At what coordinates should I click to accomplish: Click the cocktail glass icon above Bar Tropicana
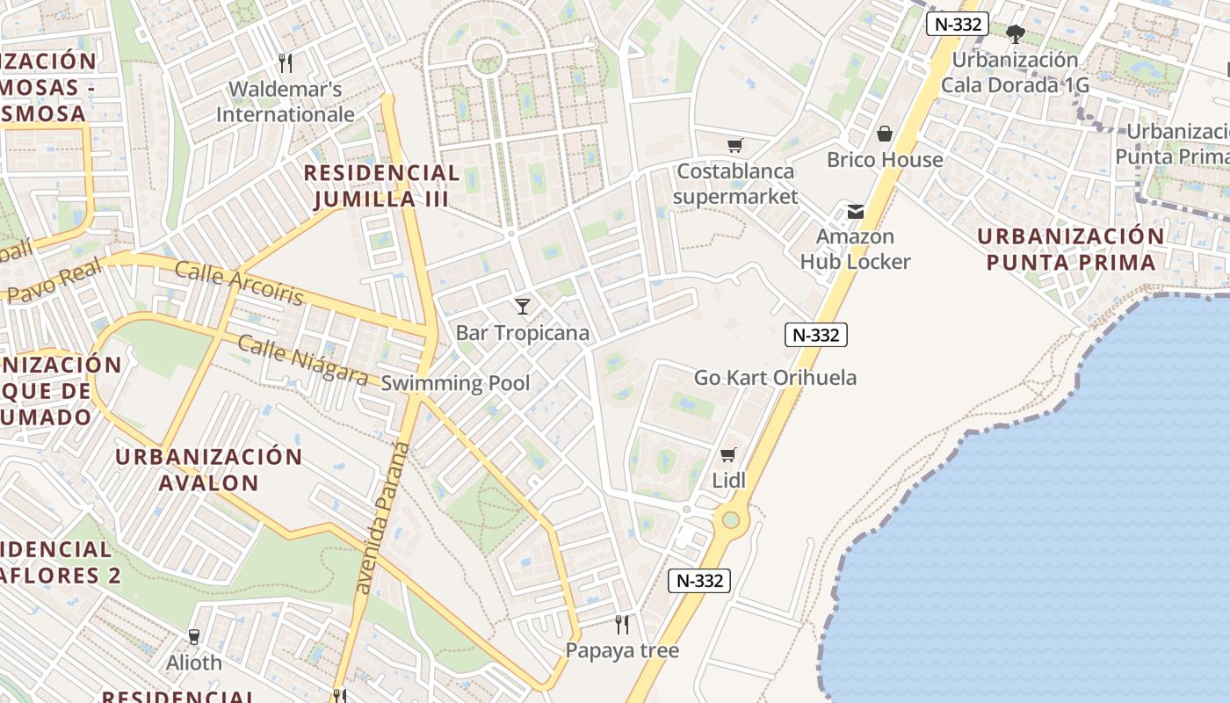[523, 306]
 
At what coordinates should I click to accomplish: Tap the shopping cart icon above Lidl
[727, 454]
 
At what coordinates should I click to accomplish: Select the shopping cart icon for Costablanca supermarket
[734, 145]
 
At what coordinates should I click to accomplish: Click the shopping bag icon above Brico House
[885, 134]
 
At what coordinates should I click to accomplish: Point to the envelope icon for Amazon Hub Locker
[855, 211]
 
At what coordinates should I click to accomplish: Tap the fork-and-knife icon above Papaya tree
[622, 625]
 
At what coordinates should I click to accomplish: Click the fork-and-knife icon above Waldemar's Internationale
[285, 62]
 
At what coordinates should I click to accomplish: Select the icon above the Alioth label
[194, 636]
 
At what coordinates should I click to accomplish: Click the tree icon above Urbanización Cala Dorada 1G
[1016, 34]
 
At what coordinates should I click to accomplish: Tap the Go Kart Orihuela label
[775, 378]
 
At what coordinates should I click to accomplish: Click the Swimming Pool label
[455, 383]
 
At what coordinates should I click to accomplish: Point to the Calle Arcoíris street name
[239, 283]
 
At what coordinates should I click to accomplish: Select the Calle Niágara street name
[302, 360]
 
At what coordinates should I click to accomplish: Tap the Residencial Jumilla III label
[381, 185]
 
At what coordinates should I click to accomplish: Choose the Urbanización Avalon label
[209, 469]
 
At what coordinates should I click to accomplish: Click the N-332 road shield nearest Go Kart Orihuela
[816, 335]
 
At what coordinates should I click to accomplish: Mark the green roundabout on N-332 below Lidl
[731, 521]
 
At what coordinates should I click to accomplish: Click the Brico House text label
[885, 160]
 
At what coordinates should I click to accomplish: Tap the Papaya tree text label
[622, 651]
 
